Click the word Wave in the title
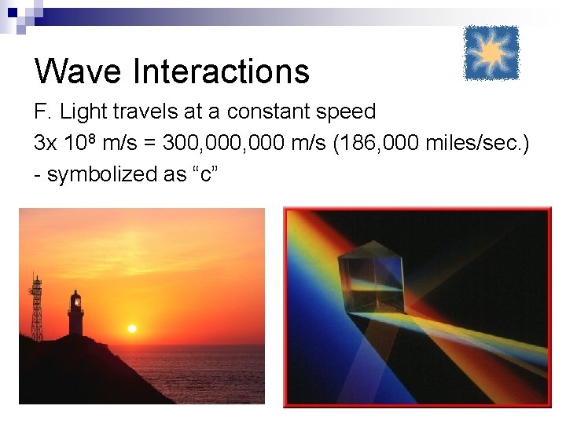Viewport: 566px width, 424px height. [78, 71]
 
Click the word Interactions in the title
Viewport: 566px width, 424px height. [222, 71]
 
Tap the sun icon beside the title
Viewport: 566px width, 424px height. [491, 53]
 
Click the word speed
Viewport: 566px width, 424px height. [346, 111]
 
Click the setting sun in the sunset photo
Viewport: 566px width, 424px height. [132, 329]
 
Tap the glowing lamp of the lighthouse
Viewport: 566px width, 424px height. [76, 299]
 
